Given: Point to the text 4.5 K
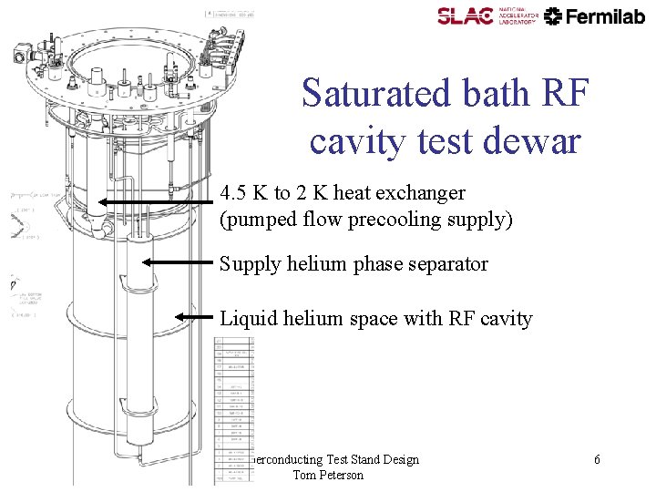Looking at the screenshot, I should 243,193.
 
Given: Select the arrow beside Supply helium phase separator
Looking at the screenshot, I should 177,261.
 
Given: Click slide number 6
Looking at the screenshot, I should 597,459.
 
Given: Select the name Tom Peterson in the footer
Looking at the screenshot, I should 328,475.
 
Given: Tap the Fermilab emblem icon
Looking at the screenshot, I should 554,15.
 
